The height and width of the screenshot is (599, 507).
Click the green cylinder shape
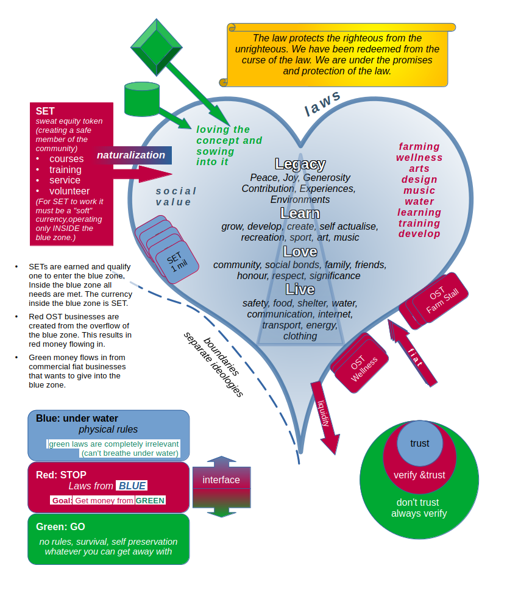142,99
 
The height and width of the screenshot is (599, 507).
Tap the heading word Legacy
300,164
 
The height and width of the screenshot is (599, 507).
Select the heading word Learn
300,213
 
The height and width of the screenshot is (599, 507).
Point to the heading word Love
300,252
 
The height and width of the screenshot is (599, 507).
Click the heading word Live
300,289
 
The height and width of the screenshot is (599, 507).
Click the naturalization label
131,155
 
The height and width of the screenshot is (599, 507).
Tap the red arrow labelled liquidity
324,417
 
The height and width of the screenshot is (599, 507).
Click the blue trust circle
419,444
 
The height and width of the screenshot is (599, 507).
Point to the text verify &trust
419,475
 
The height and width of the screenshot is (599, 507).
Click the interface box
221,480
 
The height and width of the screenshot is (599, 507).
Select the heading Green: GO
61,526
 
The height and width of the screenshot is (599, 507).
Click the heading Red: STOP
61,475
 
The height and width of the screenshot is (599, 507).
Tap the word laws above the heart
322,104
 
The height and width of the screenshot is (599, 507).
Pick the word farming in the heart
419,146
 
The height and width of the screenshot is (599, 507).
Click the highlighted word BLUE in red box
132,486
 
